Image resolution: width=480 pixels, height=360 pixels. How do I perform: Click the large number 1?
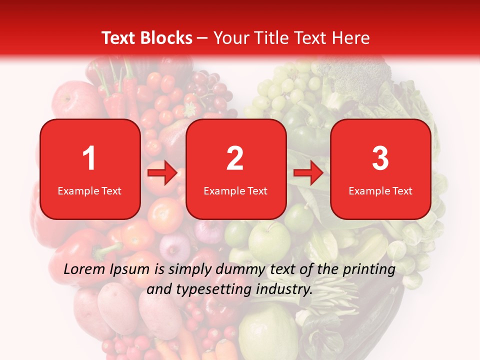(89, 158)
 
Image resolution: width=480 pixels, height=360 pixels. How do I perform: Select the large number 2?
(235, 158)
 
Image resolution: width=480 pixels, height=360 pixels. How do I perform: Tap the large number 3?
(380, 158)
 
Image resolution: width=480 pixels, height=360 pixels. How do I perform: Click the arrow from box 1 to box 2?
(162, 173)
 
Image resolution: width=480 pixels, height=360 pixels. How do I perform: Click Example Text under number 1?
(89, 191)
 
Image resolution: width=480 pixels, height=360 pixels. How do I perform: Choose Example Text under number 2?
(235, 191)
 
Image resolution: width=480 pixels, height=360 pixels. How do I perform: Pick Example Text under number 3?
(380, 191)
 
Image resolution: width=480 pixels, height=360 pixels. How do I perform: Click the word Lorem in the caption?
(84, 269)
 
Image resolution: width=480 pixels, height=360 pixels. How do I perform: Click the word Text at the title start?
(118, 38)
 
